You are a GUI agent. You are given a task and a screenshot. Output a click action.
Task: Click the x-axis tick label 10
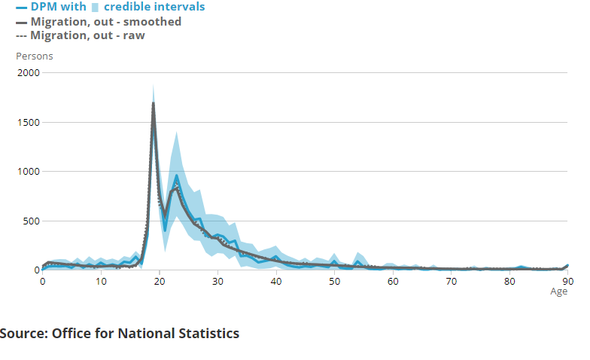pos(101,280)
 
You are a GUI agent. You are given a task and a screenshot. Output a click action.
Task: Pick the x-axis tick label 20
pos(160,280)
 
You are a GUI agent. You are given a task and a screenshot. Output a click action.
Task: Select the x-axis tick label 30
pos(217,280)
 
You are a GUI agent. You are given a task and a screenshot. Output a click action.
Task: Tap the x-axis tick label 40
pos(276,280)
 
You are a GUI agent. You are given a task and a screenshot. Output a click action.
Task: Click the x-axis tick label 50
pos(334,280)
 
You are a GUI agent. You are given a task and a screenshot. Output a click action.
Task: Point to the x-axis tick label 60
pos(393,280)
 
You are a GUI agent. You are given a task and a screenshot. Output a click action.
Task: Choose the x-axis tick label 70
pos(451,280)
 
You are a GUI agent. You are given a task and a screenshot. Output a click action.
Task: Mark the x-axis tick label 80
pos(509,280)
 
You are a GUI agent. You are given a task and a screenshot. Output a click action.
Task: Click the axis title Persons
pos(35,56)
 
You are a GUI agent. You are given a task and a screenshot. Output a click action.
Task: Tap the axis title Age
pos(559,291)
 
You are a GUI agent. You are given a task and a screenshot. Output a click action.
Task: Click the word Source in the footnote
pos(23,333)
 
